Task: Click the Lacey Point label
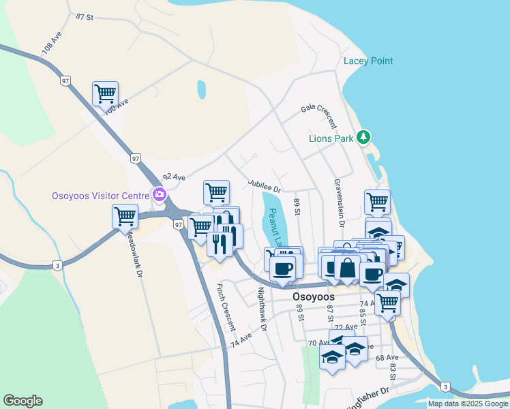(x=368, y=61)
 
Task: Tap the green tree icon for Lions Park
(x=364, y=138)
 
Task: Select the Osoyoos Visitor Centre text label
(x=100, y=196)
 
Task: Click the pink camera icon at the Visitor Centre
(x=159, y=196)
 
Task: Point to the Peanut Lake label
(x=275, y=227)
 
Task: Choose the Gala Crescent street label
(x=319, y=115)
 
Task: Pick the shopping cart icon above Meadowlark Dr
(x=125, y=217)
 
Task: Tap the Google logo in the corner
(x=22, y=401)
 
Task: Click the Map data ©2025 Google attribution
(x=468, y=404)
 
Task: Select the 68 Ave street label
(x=387, y=357)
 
